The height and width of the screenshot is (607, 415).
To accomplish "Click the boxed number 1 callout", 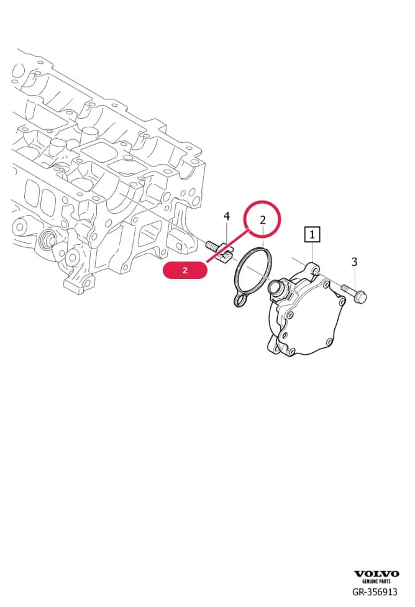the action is tap(312, 234).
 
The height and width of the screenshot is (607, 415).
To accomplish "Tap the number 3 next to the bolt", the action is tap(354, 262).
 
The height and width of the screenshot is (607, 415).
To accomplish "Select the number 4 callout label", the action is tap(227, 216).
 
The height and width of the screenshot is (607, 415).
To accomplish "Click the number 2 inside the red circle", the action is tap(263, 221).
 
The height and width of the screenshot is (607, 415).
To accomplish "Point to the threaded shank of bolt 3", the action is tap(347, 289).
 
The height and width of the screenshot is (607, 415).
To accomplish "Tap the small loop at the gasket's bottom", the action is tap(240, 300).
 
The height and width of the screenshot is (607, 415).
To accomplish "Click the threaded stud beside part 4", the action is tap(212, 245).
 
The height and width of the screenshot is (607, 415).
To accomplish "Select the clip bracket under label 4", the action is tap(226, 253).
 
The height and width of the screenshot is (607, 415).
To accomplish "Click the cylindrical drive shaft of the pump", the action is tap(276, 287).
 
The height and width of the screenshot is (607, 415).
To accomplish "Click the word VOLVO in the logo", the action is tap(376, 573).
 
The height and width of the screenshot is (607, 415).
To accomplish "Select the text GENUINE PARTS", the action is tap(376, 582).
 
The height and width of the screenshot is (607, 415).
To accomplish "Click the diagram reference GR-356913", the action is tap(375, 591).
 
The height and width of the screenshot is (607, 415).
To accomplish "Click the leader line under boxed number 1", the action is tap(312, 252).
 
